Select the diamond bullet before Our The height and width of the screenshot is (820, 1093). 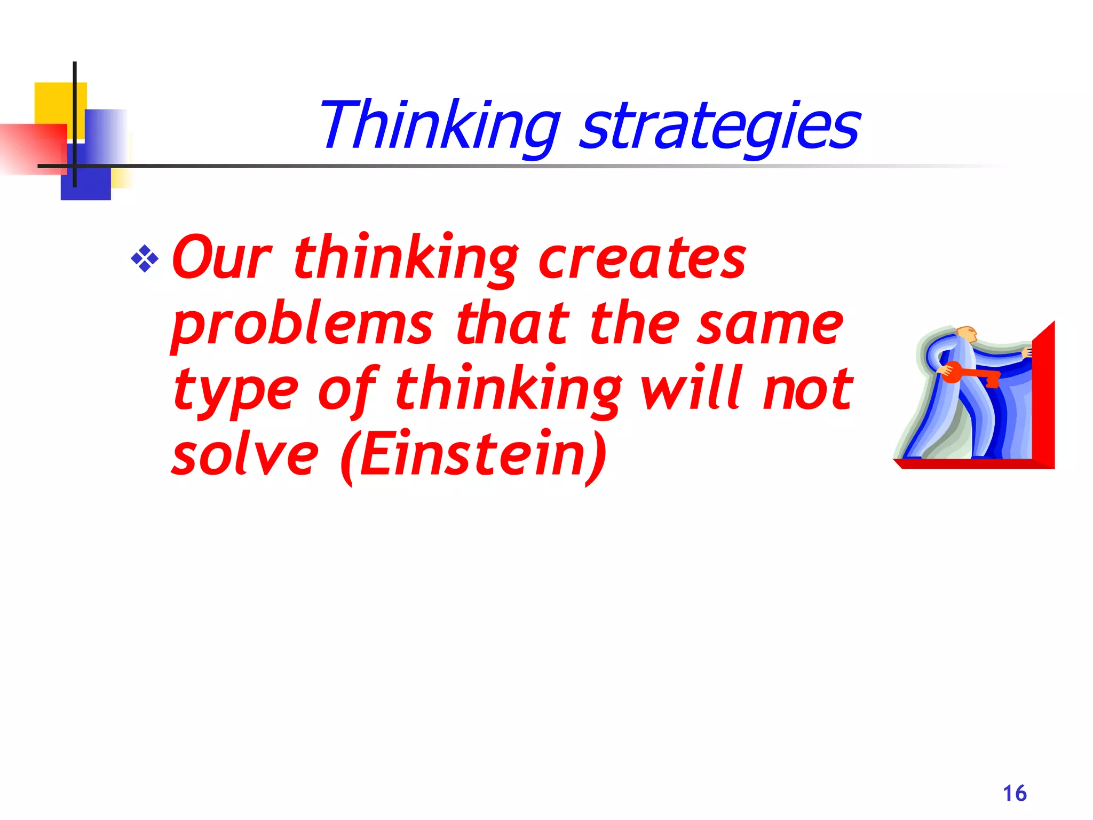click(145, 259)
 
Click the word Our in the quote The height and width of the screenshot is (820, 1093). click(222, 258)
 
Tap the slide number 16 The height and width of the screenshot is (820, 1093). click(1015, 793)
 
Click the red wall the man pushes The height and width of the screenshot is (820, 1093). click(1043, 395)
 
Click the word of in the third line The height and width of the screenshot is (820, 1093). click(347, 390)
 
